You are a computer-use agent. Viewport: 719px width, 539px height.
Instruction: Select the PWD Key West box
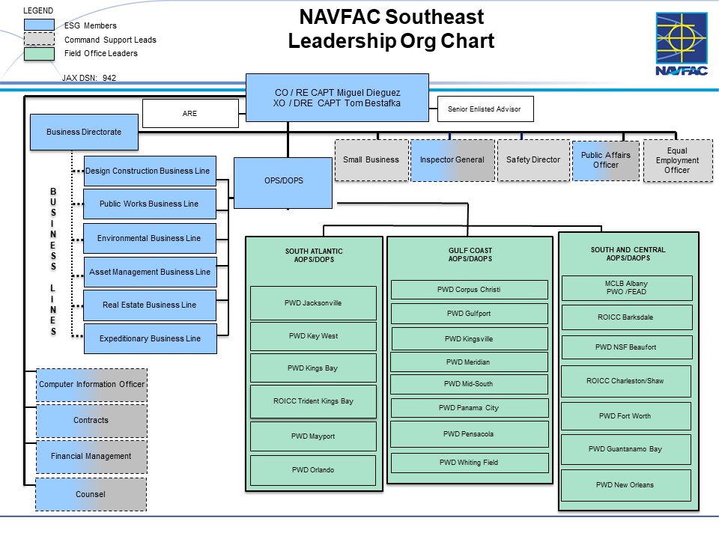pos(313,337)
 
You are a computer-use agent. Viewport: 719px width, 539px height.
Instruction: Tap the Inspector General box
pos(452,159)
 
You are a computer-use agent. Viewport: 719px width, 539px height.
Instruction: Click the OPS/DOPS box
pos(283,182)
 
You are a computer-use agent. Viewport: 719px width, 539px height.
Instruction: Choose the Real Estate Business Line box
pos(150,305)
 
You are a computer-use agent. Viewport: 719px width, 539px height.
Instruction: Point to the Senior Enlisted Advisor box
pos(485,109)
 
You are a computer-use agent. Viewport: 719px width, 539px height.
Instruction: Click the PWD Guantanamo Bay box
pos(625,449)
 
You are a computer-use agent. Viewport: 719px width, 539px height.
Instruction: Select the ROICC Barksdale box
pos(625,317)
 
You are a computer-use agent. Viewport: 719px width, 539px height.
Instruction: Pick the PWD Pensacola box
pos(469,434)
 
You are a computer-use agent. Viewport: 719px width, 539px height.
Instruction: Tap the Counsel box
pos(91,494)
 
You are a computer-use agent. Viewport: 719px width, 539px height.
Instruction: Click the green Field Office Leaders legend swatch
pos(40,54)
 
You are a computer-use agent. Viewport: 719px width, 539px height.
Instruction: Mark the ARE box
pos(189,114)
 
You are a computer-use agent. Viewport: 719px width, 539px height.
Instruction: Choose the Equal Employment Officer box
pos(677,160)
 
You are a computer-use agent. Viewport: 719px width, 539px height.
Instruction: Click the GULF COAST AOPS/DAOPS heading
pos(469,255)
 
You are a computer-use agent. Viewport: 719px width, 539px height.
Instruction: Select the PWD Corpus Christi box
pos(469,290)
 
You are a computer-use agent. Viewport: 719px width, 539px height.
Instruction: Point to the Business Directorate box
pos(83,132)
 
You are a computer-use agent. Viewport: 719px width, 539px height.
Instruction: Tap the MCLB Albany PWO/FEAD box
pos(625,288)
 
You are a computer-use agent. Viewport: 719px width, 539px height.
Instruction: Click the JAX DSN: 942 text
pos(88,78)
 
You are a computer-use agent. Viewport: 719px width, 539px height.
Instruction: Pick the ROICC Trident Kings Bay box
pos(313,401)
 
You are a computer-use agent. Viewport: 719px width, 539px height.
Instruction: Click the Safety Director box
pos(533,159)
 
